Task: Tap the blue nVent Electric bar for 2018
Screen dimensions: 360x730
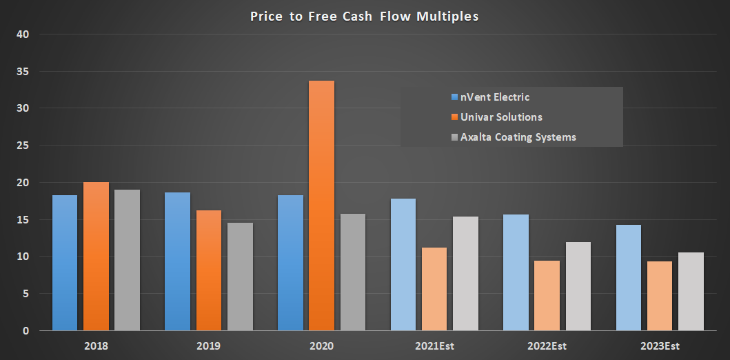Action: [x=65, y=263]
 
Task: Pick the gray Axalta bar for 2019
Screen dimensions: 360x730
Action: [x=240, y=277]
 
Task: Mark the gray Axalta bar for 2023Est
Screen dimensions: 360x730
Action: [x=691, y=291]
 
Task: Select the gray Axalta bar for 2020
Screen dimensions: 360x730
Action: [x=353, y=272]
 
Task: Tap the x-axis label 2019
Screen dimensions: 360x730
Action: [x=208, y=345]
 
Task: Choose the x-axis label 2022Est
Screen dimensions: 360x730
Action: [x=547, y=345]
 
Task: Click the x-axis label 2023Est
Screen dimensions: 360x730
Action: [x=659, y=345]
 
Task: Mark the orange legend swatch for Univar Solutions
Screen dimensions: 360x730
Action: [x=454, y=117]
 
